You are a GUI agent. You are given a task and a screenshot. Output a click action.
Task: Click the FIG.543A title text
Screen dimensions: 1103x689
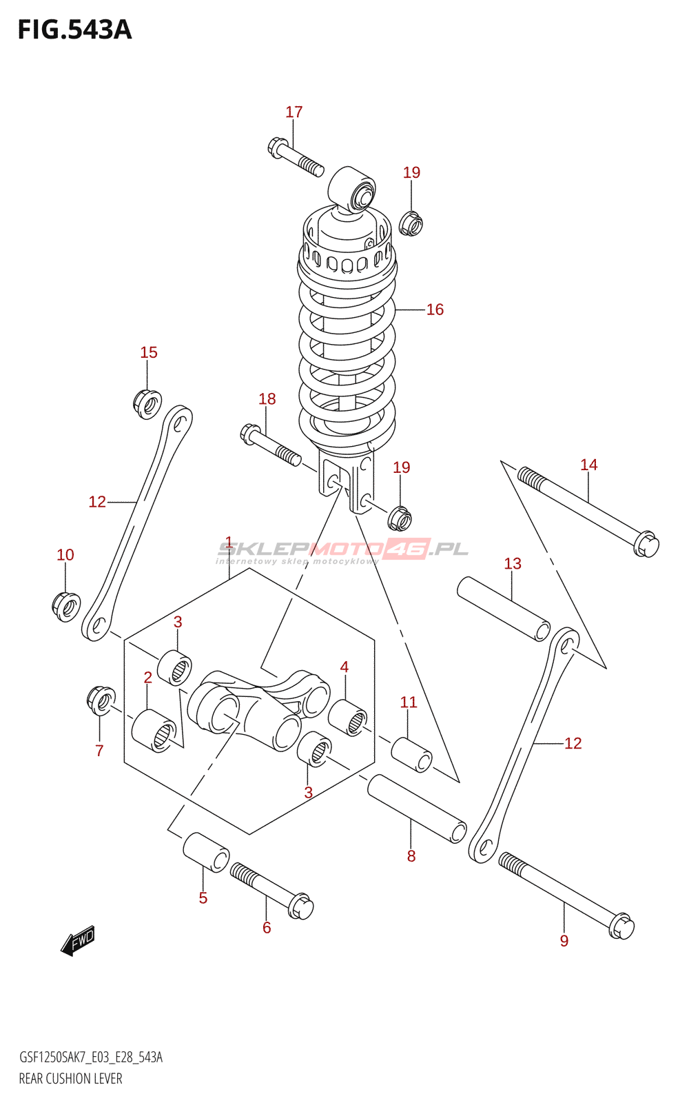(74, 30)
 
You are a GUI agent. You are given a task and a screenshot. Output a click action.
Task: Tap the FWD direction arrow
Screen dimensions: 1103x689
(77, 940)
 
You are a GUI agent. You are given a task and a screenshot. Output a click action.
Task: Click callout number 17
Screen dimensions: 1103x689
(294, 112)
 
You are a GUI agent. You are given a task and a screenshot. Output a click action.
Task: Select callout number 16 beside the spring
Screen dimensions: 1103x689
(435, 310)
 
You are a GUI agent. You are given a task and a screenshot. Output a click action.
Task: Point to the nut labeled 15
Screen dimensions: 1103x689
(147, 403)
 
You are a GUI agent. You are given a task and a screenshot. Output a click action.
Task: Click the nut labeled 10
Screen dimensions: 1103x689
(66, 606)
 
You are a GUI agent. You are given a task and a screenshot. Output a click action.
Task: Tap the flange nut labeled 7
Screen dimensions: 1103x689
(101, 700)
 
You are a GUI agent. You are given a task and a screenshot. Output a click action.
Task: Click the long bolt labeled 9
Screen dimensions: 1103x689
(565, 893)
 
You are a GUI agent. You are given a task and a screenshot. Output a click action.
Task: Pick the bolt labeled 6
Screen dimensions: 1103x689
(271, 889)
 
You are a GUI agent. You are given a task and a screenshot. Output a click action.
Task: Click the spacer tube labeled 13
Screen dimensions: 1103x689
(504, 609)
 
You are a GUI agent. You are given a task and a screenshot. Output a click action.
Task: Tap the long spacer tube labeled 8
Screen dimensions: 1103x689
(417, 808)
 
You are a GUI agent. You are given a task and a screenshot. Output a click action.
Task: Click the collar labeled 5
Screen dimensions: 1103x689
(205, 852)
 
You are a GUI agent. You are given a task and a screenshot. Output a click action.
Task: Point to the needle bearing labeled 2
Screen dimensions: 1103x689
(154, 730)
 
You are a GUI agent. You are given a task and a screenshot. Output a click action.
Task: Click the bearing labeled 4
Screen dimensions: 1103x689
(347, 717)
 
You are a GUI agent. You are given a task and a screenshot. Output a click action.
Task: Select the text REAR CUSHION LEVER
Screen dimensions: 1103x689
(70, 1079)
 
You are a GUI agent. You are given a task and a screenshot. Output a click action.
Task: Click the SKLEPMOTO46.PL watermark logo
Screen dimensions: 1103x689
(343, 550)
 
